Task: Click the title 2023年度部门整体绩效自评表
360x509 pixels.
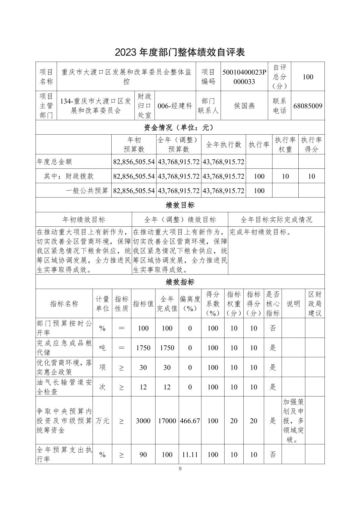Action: [180, 52]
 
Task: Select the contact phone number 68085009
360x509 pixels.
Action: [308, 106]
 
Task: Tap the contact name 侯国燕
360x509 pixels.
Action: [244, 106]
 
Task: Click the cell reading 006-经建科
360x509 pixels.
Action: [175, 106]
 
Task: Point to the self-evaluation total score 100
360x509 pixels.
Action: [308, 77]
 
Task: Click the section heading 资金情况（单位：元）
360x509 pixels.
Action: [180, 128]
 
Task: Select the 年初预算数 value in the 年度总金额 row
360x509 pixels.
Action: [134, 162]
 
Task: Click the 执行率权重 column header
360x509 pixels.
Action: [285, 145]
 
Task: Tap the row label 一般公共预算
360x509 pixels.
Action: [87, 191]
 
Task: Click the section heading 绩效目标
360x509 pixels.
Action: [180, 205]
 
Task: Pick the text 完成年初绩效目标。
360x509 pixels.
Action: [260, 232]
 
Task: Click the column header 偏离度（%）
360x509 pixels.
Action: [190, 304]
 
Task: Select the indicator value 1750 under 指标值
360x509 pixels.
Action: [143, 348]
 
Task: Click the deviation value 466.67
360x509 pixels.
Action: [190, 421]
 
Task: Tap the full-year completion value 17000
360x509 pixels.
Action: [167, 421]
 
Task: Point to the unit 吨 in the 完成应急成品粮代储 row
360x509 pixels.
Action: [103, 348]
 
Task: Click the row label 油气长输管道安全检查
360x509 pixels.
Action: [64, 387]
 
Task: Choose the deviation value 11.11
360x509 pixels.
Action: [190, 455]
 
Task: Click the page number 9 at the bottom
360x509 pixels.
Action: [180, 469]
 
